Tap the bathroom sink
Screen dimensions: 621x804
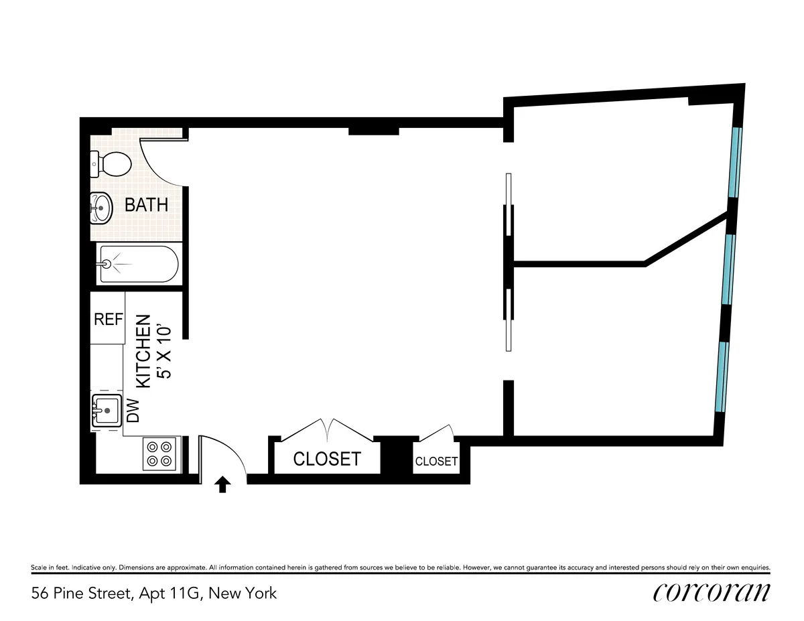point(100,208)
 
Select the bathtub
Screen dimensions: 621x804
point(139,265)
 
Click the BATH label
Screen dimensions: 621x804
point(146,205)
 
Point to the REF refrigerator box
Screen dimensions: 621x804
point(108,319)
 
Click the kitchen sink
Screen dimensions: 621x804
point(105,410)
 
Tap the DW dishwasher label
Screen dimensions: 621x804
point(133,411)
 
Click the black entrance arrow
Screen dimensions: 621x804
point(223,484)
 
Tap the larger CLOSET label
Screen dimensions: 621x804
point(327,459)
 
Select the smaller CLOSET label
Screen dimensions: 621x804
point(436,462)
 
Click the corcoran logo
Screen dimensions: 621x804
point(711,592)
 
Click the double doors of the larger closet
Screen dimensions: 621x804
point(327,429)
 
